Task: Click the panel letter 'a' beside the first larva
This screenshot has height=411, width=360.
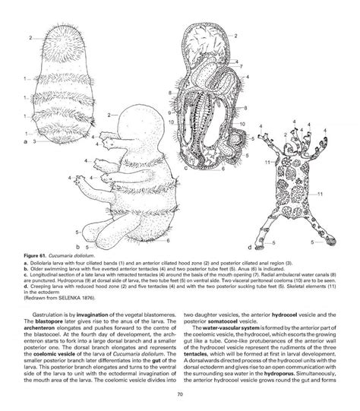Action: (x=27, y=142)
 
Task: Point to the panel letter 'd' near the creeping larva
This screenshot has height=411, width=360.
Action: (x=248, y=248)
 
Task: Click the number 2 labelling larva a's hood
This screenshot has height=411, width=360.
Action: (x=29, y=36)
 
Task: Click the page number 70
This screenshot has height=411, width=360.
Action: (x=180, y=395)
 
